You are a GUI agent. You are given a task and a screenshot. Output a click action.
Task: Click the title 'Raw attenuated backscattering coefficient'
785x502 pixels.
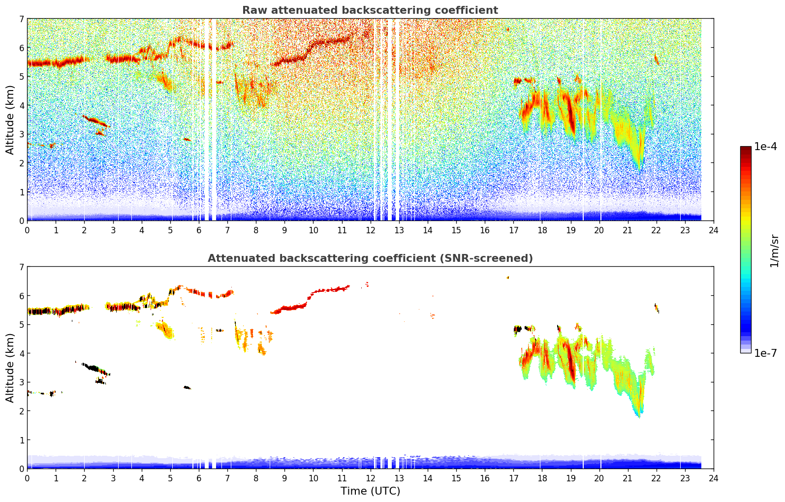[370, 10]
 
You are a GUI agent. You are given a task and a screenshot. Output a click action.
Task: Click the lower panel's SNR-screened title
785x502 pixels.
[370, 258]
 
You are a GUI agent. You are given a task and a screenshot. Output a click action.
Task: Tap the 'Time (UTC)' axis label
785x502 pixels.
[370, 491]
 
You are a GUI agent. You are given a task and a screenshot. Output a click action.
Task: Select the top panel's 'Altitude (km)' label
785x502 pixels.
[10, 120]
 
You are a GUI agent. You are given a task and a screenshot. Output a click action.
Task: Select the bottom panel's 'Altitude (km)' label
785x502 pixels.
[10, 368]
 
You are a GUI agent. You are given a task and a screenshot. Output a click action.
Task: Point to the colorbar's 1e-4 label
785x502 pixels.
[765, 147]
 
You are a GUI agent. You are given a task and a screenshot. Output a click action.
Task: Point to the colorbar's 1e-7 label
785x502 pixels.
[765, 353]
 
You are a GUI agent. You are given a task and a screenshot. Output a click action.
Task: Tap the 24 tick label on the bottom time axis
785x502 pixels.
[714, 478]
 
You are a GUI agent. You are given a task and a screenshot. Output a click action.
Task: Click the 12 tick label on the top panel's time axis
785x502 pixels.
[370, 230]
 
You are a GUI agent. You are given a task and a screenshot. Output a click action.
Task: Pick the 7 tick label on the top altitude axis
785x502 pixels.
[21, 19]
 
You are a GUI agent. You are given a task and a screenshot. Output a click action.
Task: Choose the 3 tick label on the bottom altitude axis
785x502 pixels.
[21, 382]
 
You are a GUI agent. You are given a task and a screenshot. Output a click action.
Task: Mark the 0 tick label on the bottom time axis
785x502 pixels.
[27, 478]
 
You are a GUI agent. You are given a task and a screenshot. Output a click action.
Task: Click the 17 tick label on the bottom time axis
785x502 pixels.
[513, 478]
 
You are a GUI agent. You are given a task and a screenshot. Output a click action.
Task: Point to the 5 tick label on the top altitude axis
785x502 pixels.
[21, 77]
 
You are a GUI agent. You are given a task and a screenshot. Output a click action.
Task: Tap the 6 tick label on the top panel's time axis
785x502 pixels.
[199, 230]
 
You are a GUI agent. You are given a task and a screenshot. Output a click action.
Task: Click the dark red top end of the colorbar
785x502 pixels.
[746, 149]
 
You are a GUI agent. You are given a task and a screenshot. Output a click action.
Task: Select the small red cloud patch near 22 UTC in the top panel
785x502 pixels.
[657, 60]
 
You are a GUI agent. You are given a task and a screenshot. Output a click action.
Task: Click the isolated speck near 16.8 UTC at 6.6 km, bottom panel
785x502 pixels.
[508, 278]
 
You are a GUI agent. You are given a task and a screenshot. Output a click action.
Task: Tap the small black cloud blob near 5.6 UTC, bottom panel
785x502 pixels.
[187, 388]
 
